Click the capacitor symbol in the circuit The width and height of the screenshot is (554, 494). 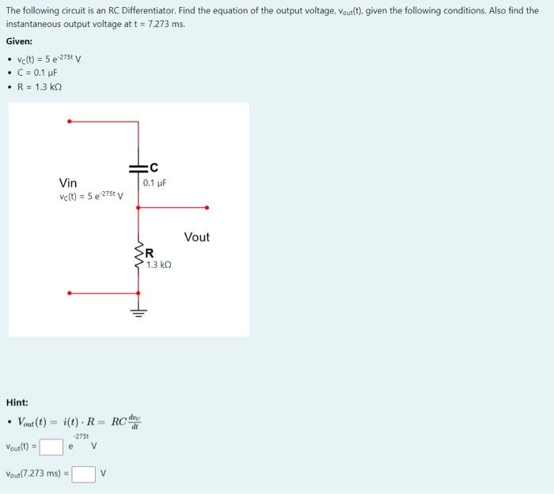(138, 168)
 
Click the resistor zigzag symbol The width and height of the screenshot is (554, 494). (138, 255)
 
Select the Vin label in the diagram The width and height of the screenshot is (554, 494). (68, 183)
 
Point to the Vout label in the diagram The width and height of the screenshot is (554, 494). (196, 236)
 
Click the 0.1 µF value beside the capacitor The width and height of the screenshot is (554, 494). (155, 183)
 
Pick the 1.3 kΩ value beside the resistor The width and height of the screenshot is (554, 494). (158, 265)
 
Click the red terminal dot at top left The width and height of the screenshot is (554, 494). (70, 122)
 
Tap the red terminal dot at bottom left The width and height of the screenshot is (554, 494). (70, 293)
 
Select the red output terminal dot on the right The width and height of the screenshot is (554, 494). (207, 208)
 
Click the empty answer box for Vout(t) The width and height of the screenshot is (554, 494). (51, 447)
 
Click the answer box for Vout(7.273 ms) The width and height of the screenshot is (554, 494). (83, 474)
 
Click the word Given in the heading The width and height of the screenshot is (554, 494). (19, 41)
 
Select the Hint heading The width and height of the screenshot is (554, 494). (17, 402)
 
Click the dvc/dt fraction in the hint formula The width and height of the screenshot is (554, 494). (135, 421)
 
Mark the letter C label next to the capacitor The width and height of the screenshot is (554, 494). (154, 168)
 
